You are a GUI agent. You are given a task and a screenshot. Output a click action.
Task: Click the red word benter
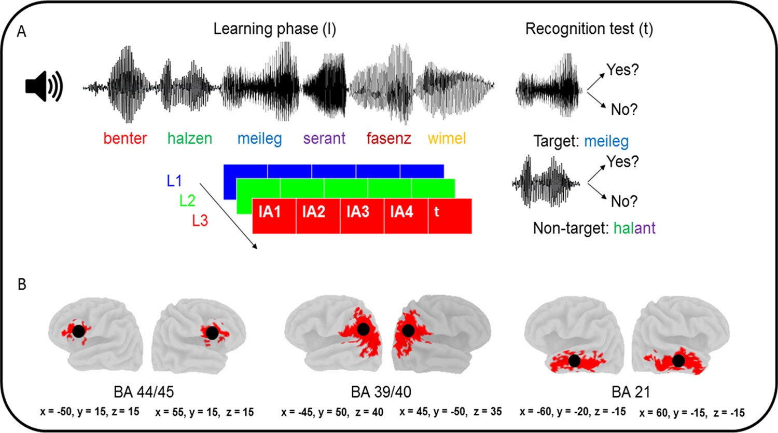click(x=125, y=139)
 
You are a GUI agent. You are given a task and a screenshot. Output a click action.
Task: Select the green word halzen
click(x=189, y=139)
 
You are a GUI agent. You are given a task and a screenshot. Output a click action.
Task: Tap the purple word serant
click(x=324, y=139)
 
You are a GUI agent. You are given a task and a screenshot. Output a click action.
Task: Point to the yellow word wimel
click(x=447, y=139)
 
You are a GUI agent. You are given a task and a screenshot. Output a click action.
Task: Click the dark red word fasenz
click(x=388, y=139)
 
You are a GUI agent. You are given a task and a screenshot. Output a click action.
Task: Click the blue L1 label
click(x=174, y=181)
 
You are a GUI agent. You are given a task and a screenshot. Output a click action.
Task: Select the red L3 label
click(x=200, y=221)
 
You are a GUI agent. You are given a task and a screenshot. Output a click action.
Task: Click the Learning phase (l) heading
click(x=274, y=29)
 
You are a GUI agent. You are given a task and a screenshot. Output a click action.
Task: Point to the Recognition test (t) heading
click(x=589, y=29)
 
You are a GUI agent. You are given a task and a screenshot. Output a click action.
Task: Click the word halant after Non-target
click(x=634, y=228)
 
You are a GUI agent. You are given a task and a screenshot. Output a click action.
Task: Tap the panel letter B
click(x=22, y=285)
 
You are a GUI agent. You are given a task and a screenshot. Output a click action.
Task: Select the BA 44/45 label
click(x=144, y=392)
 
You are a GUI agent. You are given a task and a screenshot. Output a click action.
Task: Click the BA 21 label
click(x=630, y=392)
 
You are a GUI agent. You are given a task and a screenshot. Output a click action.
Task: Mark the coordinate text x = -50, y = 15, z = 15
click(x=90, y=412)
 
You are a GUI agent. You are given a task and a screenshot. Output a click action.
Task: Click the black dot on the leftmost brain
click(x=78, y=331)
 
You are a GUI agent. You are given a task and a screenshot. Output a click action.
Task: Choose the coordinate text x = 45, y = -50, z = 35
click(x=450, y=412)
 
